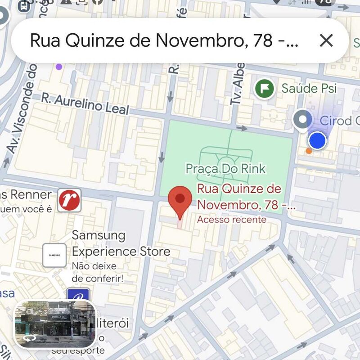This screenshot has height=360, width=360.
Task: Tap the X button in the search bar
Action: pos(326,40)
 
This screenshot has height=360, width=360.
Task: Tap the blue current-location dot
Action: pos(317,141)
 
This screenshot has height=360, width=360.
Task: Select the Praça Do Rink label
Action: pos(225,169)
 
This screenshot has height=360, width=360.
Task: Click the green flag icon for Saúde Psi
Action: pos(265,88)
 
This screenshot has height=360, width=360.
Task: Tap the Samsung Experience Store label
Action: pos(121,243)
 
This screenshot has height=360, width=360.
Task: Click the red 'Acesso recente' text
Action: pos(231,220)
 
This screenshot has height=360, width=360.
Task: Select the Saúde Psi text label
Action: pos(309,88)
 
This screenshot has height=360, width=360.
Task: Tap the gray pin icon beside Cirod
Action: pos(302,120)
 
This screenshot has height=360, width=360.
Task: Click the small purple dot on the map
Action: pos(58,67)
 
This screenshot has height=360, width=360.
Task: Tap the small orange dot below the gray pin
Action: pos(309,151)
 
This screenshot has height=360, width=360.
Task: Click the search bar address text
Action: pos(164,40)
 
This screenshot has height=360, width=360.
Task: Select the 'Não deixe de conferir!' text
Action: pos(97,272)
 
